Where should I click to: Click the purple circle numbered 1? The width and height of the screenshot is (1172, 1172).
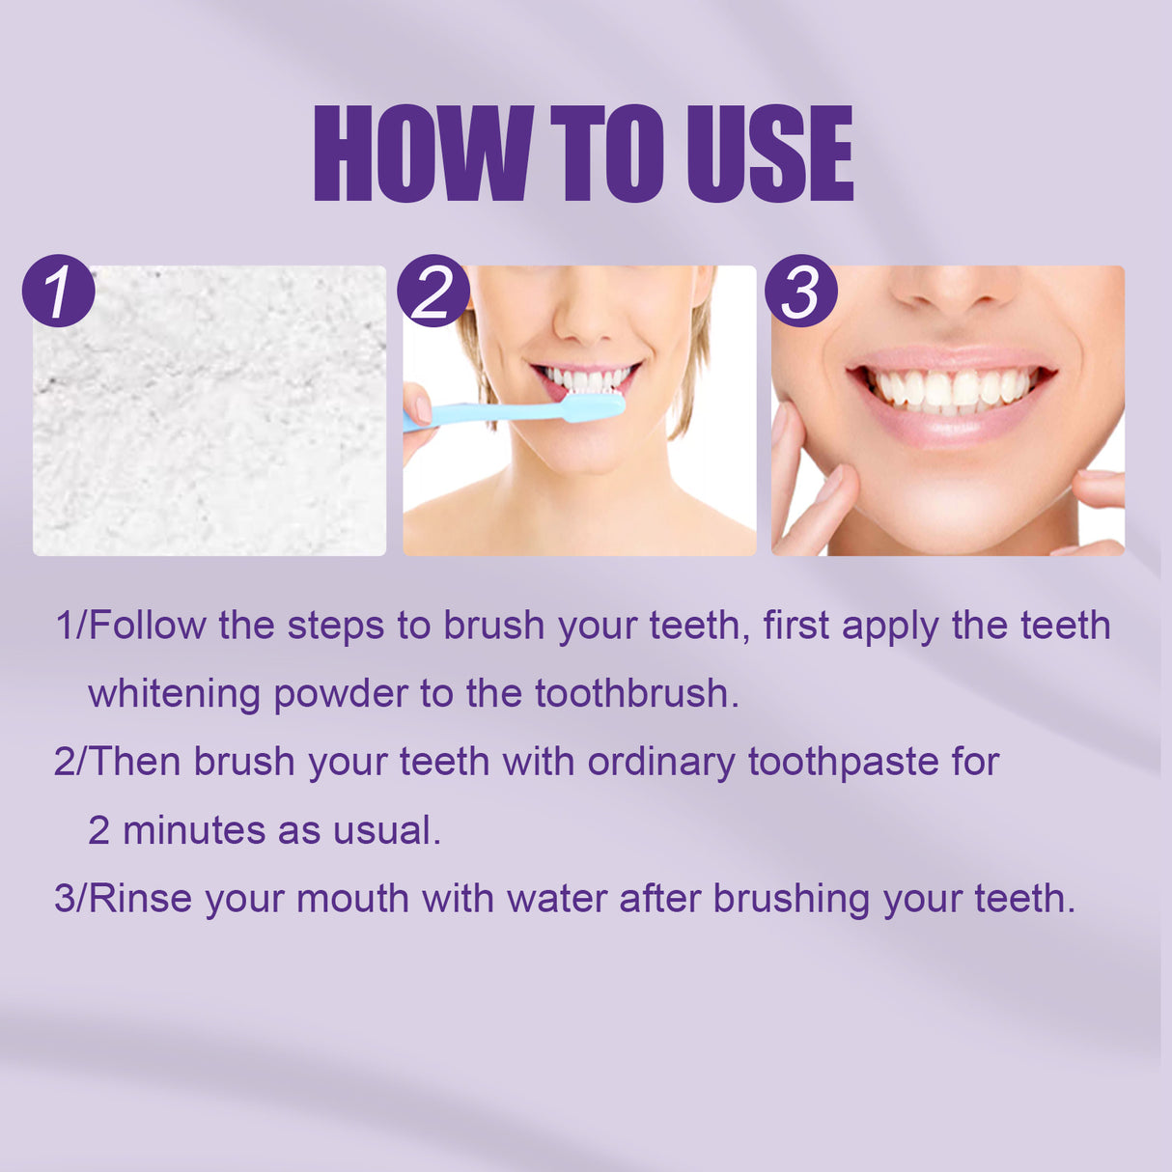(x=58, y=292)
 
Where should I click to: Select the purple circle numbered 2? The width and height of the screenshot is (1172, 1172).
(x=435, y=292)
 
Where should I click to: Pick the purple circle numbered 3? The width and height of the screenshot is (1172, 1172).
(x=800, y=292)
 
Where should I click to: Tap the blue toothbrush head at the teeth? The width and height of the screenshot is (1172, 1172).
(x=593, y=405)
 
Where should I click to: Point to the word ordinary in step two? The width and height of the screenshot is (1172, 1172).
(x=661, y=763)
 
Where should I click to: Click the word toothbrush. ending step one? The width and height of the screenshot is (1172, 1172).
(x=637, y=694)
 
